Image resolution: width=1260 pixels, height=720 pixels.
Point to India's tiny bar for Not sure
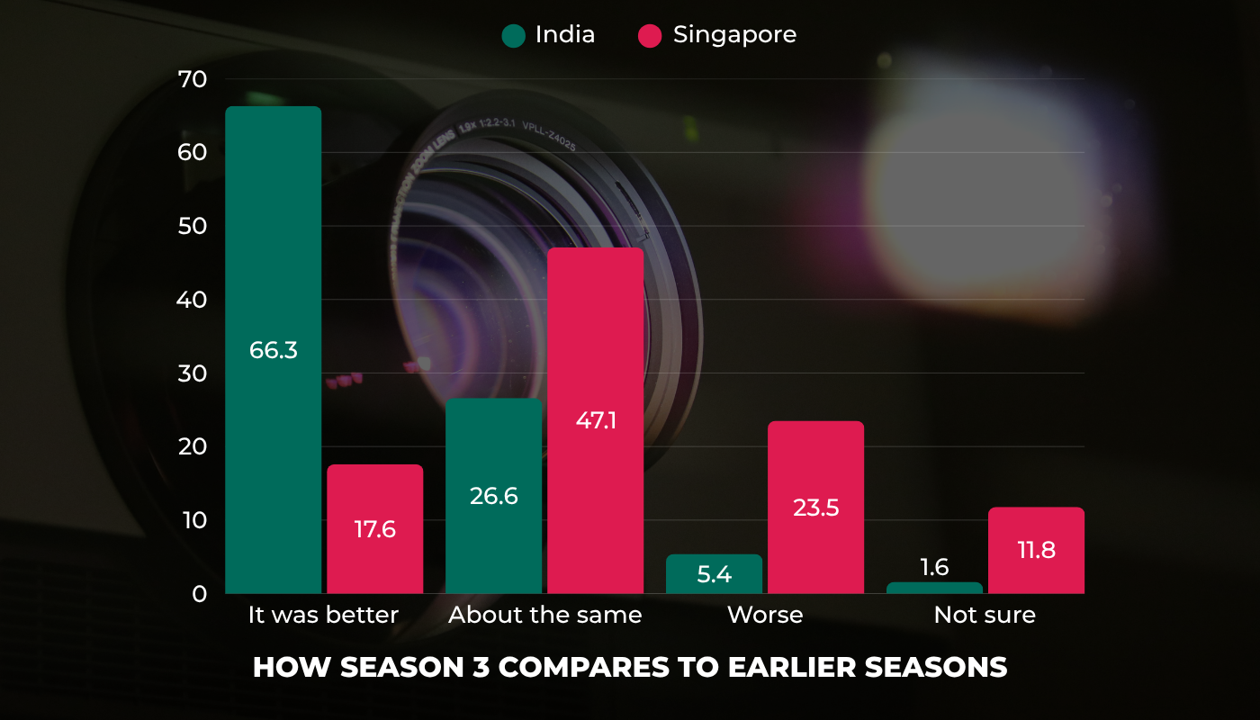tap(934, 588)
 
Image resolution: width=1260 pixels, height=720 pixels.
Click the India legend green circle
tap(514, 36)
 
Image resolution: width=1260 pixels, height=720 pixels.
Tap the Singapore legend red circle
tap(650, 36)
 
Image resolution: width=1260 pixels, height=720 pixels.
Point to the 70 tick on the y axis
tap(193, 79)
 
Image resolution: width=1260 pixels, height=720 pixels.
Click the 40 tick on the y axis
tap(193, 300)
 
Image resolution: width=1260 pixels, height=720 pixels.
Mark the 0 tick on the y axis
tap(199, 594)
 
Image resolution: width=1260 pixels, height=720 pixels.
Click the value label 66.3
tap(273, 350)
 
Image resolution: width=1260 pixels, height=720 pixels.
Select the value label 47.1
tap(595, 420)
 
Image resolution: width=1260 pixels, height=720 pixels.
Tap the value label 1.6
tap(934, 567)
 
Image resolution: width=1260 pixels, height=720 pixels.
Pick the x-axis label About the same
tap(545, 616)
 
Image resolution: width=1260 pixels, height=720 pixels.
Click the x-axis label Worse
tap(765, 616)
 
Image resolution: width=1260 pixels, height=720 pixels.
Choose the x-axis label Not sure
tap(985, 616)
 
